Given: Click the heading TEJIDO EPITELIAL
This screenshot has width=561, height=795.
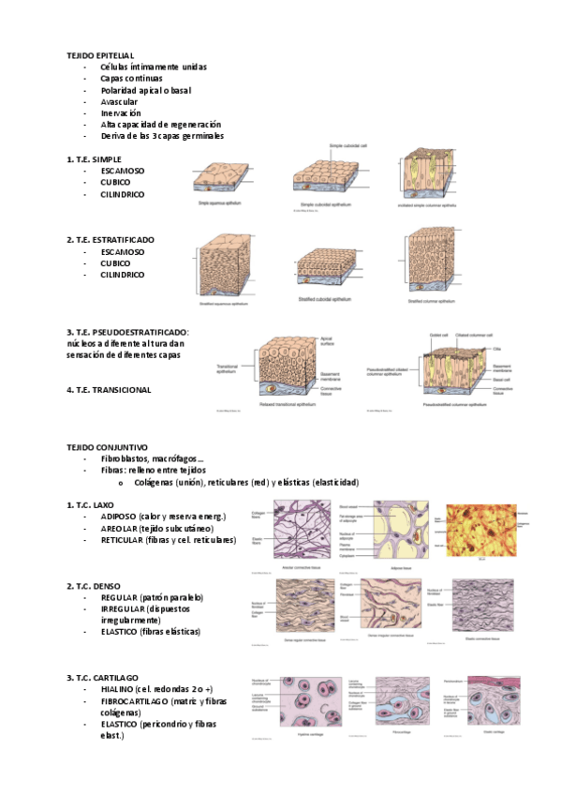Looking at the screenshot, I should (100, 56).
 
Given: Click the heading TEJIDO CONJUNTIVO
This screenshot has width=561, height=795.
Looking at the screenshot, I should (104, 449).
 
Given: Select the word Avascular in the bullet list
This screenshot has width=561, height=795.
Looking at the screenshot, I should (119, 101).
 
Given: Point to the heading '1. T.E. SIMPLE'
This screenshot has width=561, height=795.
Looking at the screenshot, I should (95, 160).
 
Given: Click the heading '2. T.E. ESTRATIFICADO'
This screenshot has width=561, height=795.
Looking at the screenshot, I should (111, 240).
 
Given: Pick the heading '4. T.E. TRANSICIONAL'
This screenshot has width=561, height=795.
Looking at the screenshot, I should (109, 390).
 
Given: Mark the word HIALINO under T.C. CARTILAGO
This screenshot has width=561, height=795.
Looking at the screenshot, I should (119, 689).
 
